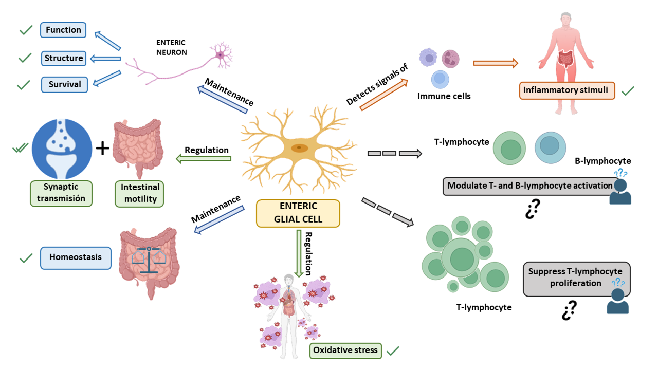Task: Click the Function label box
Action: tap(63, 30)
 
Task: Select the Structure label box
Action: tap(64, 58)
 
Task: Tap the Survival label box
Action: tap(65, 84)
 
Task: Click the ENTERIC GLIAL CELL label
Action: tap(298, 213)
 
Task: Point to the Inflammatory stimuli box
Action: tap(567, 90)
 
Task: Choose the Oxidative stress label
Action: tap(345, 350)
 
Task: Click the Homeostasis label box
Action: tap(76, 257)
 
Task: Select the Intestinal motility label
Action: tap(140, 193)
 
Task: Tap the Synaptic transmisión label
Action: tap(61, 193)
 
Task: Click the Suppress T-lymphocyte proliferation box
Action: tap(575, 277)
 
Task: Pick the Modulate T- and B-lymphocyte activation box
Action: tap(530, 186)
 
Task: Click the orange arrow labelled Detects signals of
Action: tap(383, 95)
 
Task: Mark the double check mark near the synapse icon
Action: tap(21, 149)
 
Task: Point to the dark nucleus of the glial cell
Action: tap(299, 148)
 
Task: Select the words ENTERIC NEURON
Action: tap(172, 47)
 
